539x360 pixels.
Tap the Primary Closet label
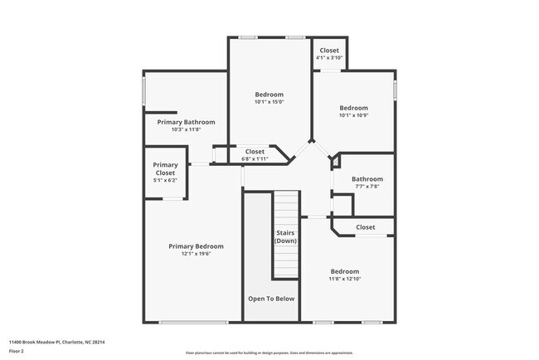tap(165, 168)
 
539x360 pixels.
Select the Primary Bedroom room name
tap(196, 246)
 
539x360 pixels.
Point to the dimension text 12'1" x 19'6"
tap(196, 254)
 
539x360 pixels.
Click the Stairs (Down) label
tap(285, 236)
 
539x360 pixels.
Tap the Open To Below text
tap(270, 298)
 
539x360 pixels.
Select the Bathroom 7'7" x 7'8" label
tap(367, 182)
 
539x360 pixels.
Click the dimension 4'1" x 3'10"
tap(329, 58)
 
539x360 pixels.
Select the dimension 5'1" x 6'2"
tap(165, 180)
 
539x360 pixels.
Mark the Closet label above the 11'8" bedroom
tap(365, 227)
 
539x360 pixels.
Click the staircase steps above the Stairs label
tap(285, 207)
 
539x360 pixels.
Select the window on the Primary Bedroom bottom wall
tap(192, 322)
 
